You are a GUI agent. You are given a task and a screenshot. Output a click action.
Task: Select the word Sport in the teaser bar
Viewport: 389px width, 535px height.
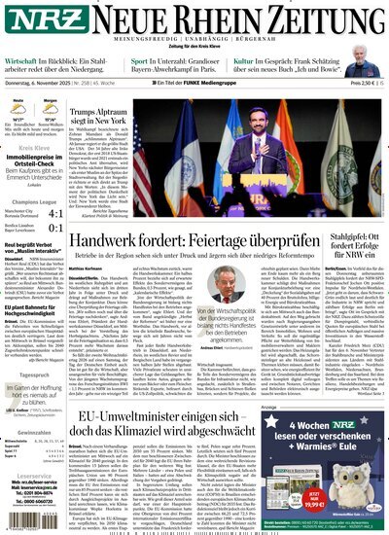142,58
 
